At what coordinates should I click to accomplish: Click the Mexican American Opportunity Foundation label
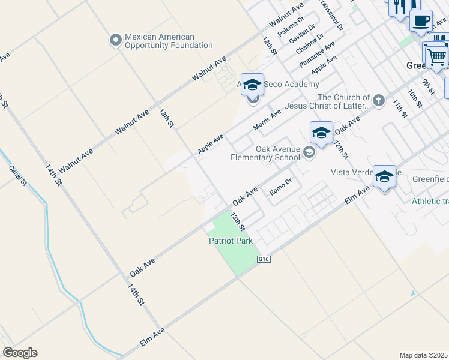click(169, 41)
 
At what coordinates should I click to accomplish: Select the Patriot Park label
click(231, 241)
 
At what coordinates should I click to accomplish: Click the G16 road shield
click(263, 259)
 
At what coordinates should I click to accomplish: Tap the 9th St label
click(428, 86)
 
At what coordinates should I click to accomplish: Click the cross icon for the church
click(378, 100)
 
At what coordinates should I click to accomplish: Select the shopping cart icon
click(436, 58)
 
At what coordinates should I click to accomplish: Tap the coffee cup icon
click(421, 20)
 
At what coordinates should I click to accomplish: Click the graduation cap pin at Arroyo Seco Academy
click(253, 85)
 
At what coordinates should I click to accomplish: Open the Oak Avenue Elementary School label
click(265, 154)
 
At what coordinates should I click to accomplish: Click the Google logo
click(20, 353)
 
